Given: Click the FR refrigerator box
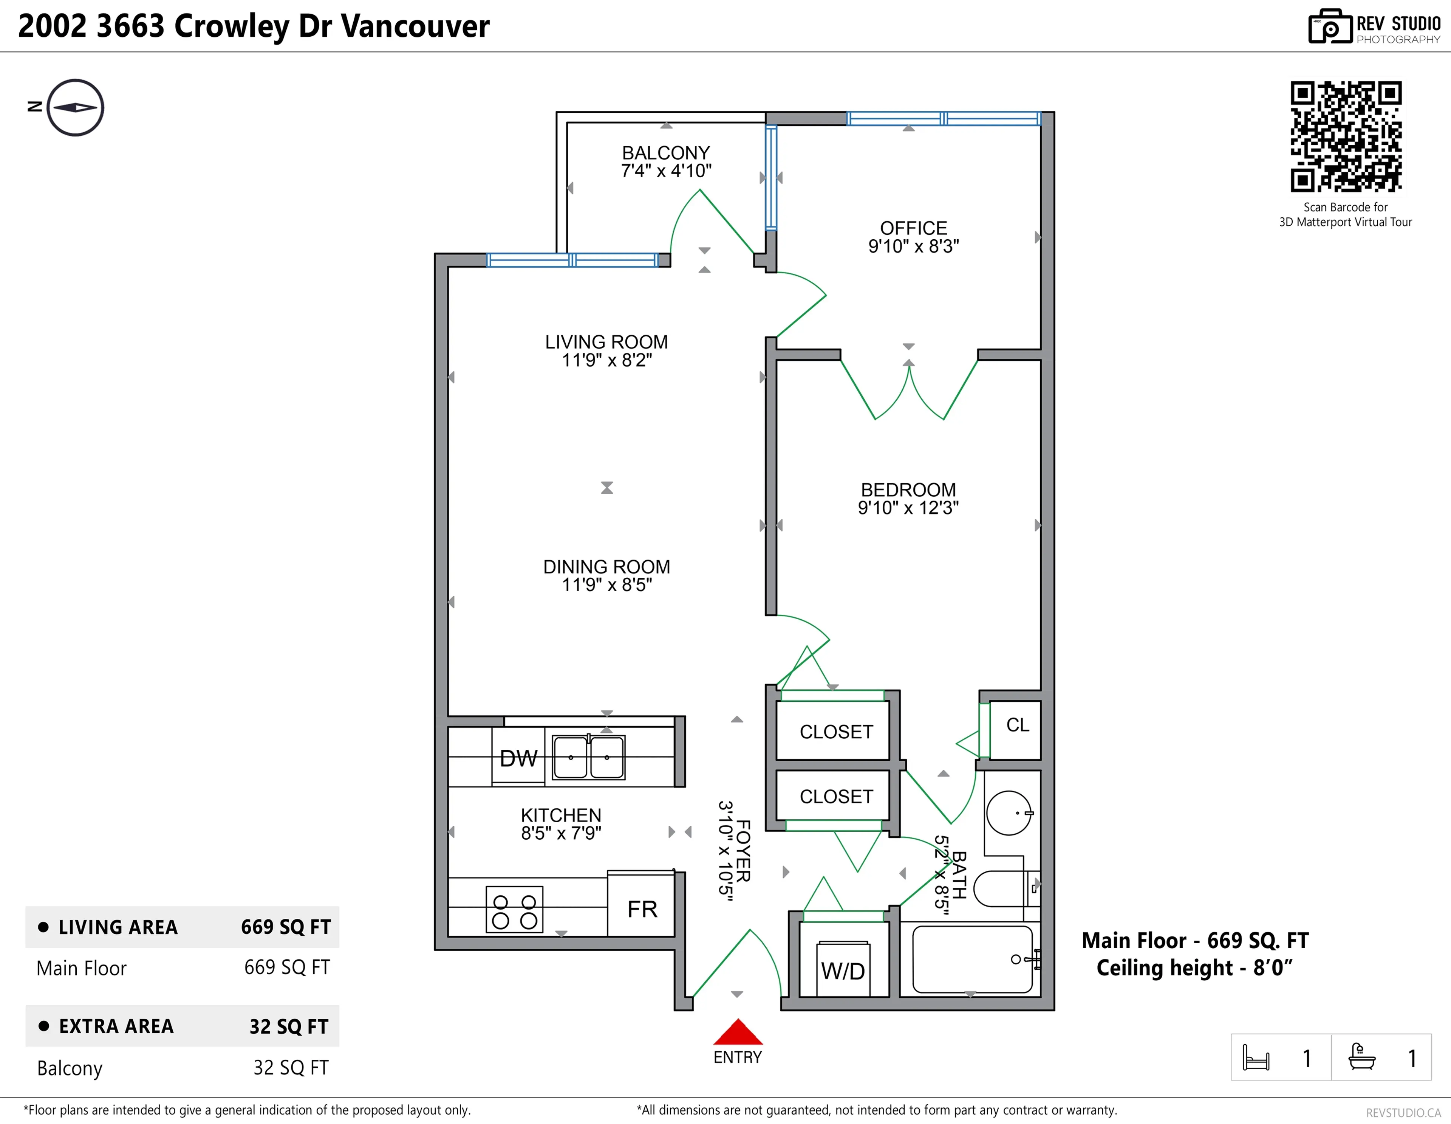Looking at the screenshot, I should (642, 909).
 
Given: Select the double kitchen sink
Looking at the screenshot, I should (589, 757).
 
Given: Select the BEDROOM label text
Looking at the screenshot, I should (908, 490).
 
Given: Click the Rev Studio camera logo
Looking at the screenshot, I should (1329, 26).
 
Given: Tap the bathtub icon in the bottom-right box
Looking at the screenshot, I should (1361, 1057).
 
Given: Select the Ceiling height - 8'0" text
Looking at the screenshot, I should (1194, 968).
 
